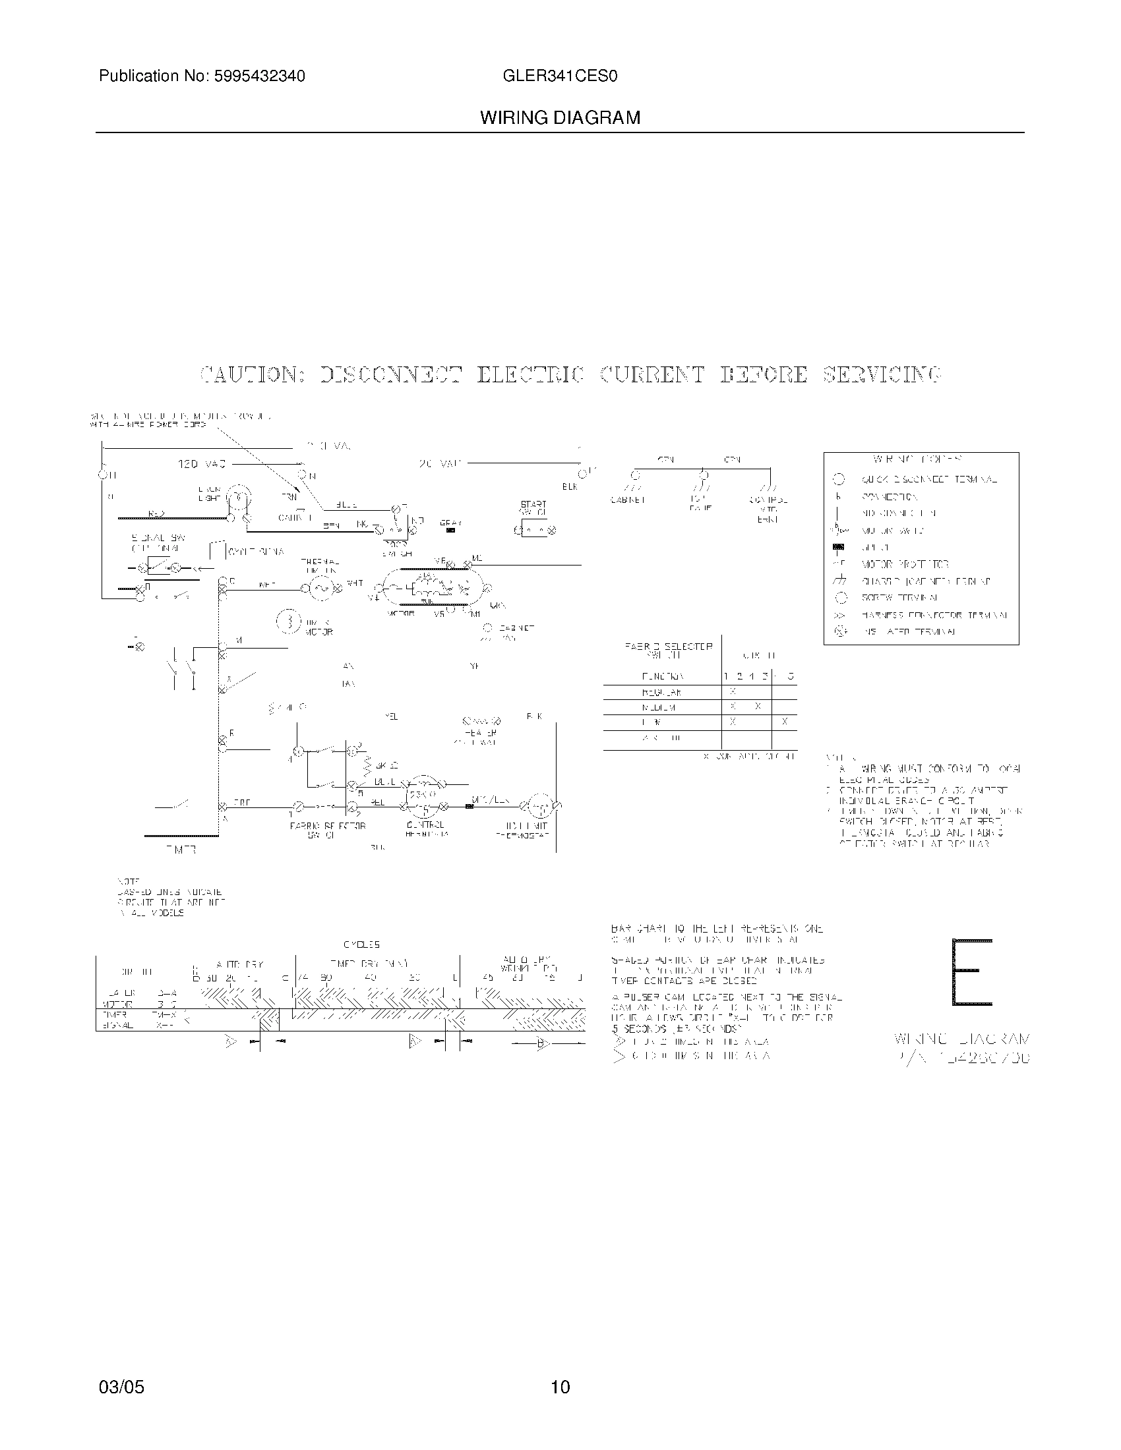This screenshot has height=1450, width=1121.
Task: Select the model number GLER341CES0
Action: [x=560, y=76]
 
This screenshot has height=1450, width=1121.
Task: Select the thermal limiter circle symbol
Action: [x=321, y=587]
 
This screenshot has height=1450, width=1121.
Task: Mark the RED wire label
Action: [x=157, y=513]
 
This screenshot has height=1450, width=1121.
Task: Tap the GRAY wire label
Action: [x=450, y=523]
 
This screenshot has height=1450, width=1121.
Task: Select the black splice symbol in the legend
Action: [x=839, y=547]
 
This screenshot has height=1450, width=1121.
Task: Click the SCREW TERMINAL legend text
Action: [x=899, y=598]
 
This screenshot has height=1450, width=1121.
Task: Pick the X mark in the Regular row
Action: [x=733, y=692]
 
